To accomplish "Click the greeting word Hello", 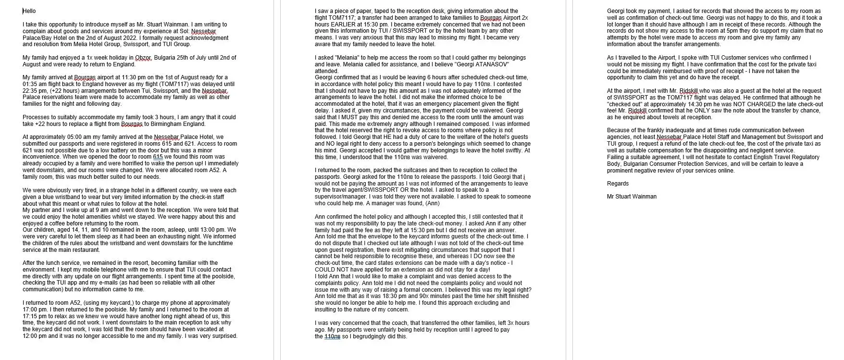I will [29, 11].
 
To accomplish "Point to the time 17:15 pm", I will [32, 316].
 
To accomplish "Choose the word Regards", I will [618, 184].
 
